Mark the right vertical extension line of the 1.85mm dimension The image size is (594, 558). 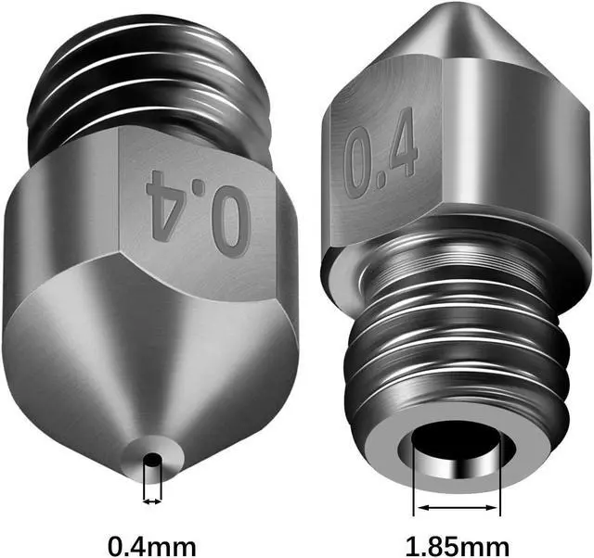(499, 482)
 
